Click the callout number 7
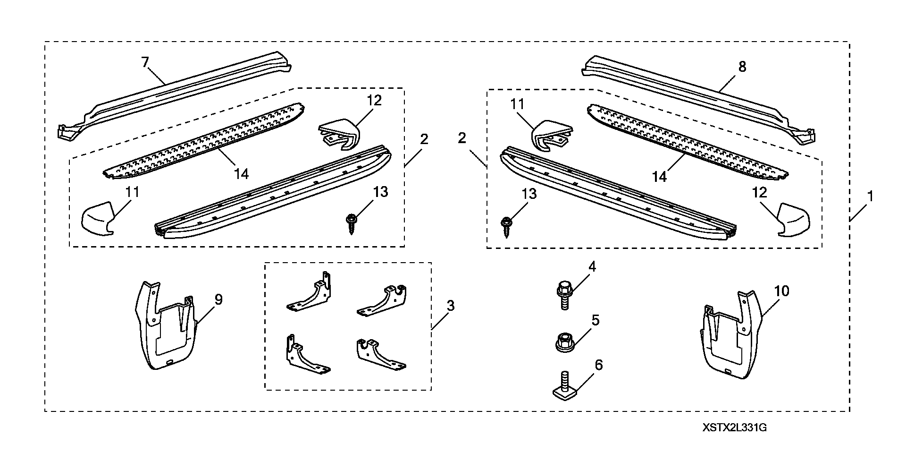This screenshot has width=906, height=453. click(x=145, y=62)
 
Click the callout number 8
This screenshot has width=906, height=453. click(x=742, y=67)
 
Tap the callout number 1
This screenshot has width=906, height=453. click(x=870, y=196)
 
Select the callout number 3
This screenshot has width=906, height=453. click(x=450, y=306)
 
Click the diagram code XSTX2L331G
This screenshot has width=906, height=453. click(x=734, y=428)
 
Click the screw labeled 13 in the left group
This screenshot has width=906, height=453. click(x=351, y=223)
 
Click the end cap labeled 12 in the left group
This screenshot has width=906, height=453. click(x=339, y=135)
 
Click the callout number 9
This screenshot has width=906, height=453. click(x=218, y=299)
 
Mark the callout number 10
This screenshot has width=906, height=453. click(x=781, y=291)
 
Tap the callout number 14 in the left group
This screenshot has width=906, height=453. click(x=241, y=174)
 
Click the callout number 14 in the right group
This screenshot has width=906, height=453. click(x=659, y=176)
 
